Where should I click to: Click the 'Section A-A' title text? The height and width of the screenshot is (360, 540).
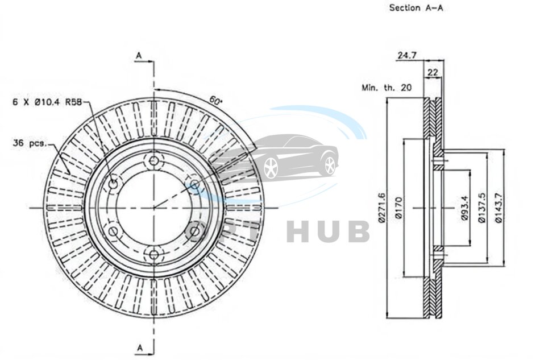click(416, 8)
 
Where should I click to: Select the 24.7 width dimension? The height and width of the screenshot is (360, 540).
click(407, 55)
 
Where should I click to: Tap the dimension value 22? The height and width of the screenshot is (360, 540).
click(432, 72)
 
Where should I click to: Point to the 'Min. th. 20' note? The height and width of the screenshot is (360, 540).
click(386, 88)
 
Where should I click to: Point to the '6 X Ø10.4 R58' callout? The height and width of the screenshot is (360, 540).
click(47, 102)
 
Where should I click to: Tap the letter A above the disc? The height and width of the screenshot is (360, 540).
click(138, 55)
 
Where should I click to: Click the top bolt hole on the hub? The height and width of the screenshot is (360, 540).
click(153, 160)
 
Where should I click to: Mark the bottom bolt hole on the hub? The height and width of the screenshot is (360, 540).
click(153, 255)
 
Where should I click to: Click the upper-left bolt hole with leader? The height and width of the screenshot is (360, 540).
click(113, 183)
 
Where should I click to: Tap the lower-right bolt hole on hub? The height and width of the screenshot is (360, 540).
click(194, 231)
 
